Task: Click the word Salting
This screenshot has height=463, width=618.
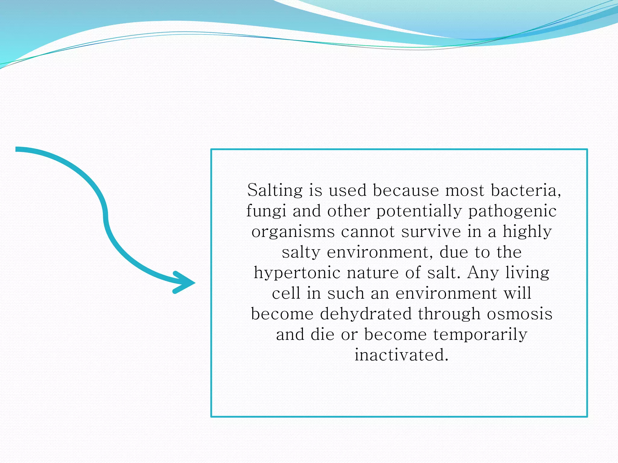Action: click(x=275, y=191)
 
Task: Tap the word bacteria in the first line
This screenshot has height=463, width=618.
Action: click(x=526, y=191)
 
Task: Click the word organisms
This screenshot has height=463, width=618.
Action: click(x=293, y=232)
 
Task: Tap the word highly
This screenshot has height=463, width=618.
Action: click(x=527, y=232)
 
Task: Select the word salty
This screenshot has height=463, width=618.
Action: click(x=301, y=253)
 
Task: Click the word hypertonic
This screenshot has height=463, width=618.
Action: click(x=297, y=273)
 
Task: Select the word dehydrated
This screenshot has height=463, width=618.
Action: click(x=366, y=314)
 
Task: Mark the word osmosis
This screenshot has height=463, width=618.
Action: click(x=520, y=314)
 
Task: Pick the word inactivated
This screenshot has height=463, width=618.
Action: click(x=401, y=355)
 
